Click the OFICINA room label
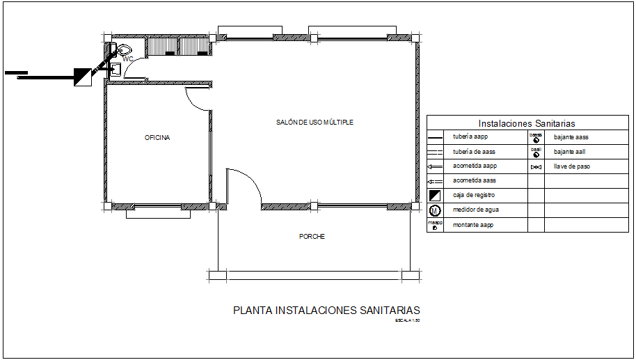(x=157, y=138)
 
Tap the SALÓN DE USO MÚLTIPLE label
(x=315, y=123)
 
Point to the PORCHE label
(x=312, y=237)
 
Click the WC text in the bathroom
(x=127, y=60)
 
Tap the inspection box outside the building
(x=83, y=77)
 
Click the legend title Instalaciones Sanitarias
(x=526, y=123)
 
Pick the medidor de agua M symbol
(x=435, y=210)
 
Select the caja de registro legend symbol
(x=435, y=196)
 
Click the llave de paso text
(x=572, y=167)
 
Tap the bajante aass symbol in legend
(x=536, y=138)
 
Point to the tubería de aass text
(x=473, y=152)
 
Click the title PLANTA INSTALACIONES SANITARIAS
(x=326, y=311)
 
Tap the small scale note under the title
(x=407, y=321)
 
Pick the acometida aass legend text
(x=474, y=181)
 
